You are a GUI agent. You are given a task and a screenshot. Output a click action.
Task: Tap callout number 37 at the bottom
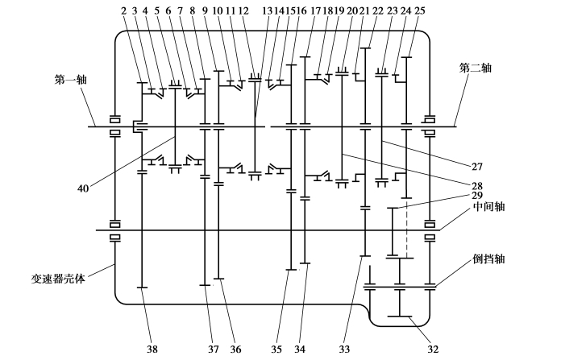coord(213,349)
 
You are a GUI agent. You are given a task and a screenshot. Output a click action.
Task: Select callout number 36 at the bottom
coord(235,349)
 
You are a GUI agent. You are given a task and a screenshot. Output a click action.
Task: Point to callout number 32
coord(433,349)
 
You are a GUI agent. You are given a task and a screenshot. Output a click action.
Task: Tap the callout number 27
coord(477,167)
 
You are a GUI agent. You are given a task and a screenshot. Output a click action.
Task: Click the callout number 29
coord(477,195)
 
